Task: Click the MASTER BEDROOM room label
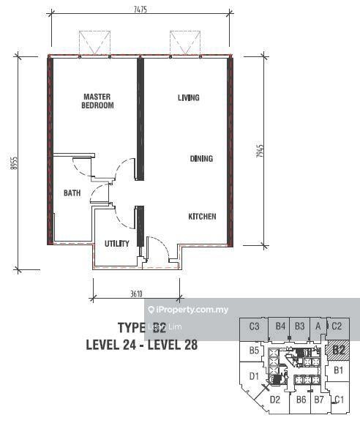click(97, 101)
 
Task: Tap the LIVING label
click(189, 97)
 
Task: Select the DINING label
click(201, 158)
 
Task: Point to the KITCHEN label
click(202, 217)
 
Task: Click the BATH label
click(72, 193)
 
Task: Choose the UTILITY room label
click(116, 243)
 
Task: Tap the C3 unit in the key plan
click(255, 326)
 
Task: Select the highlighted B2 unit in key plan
click(339, 350)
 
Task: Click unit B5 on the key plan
click(254, 351)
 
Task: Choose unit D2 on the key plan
click(275, 400)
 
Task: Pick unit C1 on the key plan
click(338, 399)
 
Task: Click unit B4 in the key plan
click(281, 326)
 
